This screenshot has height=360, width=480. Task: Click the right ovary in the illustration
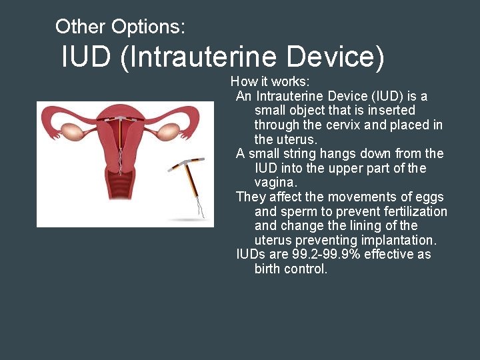pyautogui.click(x=171, y=130)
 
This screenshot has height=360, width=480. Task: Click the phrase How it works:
pyautogui.click(x=270, y=81)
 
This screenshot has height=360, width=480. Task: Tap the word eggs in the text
pyautogui.click(x=430, y=197)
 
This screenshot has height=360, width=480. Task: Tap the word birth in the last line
pyautogui.click(x=269, y=269)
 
